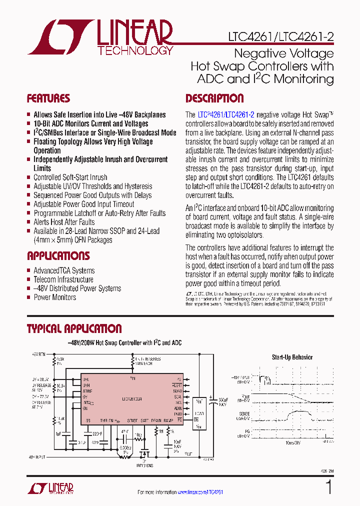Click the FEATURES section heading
click(48, 98)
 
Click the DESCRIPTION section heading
click(214, 98)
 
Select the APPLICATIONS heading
click(58, 256)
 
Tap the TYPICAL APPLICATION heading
click(74, 329)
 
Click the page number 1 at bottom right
click(328, 487)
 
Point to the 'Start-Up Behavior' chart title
click(292, 357)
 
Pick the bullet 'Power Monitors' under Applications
click(55, 297)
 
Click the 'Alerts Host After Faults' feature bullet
click(64, 222)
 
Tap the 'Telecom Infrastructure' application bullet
click(63, 279)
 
